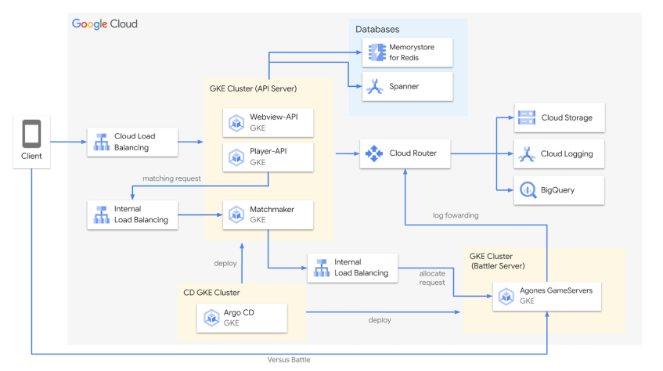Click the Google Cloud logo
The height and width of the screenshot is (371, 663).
point(104,24)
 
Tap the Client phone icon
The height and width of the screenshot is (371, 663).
point(32,135)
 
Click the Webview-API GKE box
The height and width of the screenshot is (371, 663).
point(268,121)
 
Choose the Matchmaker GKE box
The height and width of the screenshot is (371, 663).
point(268,214)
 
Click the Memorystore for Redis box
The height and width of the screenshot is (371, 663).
point(407,53)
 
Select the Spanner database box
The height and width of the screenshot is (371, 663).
point(407,86)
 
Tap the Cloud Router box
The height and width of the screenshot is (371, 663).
point(405,153)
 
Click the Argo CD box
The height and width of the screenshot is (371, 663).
point(242,317)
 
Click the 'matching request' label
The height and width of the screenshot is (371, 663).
point(171,178)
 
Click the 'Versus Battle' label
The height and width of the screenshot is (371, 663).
point(290,359)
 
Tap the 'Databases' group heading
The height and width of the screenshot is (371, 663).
point(377,29)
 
